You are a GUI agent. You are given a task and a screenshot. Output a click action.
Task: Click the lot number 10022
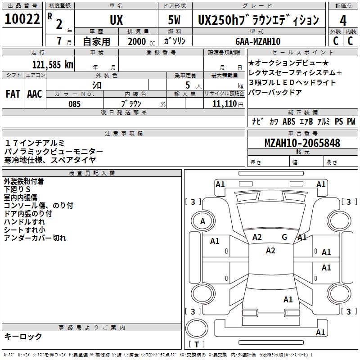tap(22, 19)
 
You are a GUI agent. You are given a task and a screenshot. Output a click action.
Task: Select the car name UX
tap(116, 20)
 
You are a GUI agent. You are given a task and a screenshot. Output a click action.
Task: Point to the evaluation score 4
tap(343, 20)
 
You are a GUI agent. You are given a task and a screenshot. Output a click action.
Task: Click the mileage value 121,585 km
tap(53, 64)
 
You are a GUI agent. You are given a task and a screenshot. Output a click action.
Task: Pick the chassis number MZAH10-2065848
tap(302, 143)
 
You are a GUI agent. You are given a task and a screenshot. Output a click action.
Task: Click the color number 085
tap(74, 104)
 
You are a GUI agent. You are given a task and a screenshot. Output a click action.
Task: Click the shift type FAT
tap(13, 94)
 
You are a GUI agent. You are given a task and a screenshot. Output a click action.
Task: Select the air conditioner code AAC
tap(35, 94)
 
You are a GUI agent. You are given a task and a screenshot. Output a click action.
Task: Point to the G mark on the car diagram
tap(284, 237)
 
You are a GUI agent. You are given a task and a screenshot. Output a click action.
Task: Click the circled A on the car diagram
tap(202, 221)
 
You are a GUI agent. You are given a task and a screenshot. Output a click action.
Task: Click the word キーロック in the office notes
tap(23, 336)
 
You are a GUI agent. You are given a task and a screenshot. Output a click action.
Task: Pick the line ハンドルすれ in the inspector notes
tap(24, 222)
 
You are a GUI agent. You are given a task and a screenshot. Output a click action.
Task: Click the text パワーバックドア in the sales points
tap(275, 93)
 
